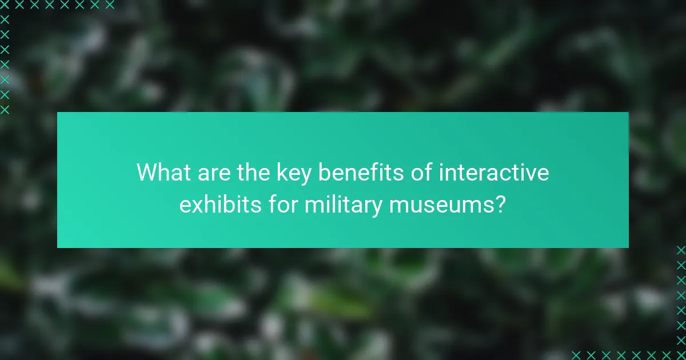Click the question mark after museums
(x=500, y=205)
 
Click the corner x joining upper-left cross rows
(x=5, y=5)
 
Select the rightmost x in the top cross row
(x=110, y=5)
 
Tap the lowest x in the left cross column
(x=5, y=109)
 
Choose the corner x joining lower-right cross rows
(x=680, y=354)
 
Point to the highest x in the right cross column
(x=680, y=250)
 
